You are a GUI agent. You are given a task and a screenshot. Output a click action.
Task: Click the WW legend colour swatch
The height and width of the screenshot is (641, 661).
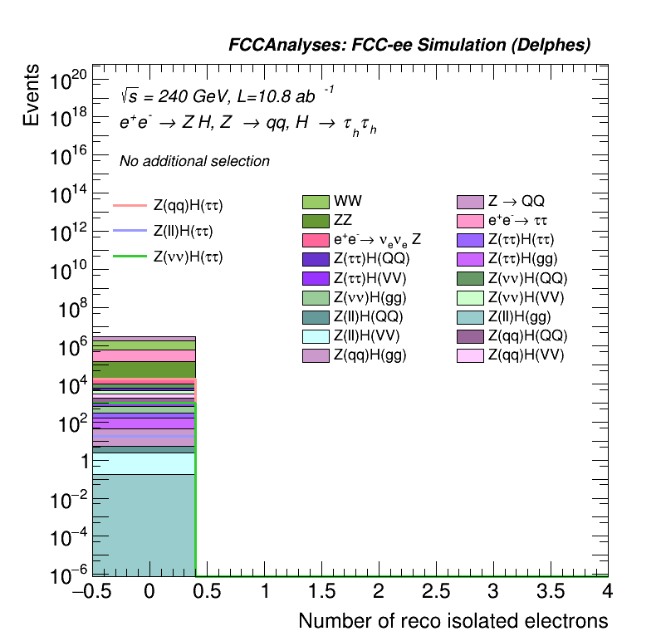click(x=316, y=202)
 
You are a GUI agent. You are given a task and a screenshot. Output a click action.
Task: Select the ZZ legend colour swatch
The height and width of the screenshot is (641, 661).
click(x=316, y=221)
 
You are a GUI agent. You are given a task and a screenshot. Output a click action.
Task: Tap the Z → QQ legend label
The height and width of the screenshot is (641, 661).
click(x=516, y=202)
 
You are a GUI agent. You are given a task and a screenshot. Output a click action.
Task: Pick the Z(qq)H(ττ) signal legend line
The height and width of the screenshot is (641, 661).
click(x=130, y=205)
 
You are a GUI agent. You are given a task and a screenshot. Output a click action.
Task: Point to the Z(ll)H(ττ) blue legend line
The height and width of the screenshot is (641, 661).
click(x=130, y=231)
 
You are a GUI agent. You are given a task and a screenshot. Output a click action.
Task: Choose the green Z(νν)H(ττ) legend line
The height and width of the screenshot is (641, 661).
click(x=130, y=257)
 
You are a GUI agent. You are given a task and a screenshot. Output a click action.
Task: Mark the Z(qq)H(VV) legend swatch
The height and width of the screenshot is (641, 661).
click(x=471, y=355)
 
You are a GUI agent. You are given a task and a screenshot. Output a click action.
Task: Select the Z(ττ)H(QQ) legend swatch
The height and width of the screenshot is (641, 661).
click(x=316, y=259)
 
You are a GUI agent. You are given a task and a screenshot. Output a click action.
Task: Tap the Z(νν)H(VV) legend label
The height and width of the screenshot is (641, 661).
click(x=526, y=297)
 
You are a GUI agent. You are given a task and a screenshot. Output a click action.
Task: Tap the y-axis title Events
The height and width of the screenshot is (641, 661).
click(x=32, y=95)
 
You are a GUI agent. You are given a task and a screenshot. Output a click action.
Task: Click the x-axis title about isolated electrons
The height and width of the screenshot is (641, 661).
click(x=453, y=621)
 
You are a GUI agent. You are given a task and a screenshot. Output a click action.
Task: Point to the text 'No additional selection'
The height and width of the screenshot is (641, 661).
click(x=194, y=161)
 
